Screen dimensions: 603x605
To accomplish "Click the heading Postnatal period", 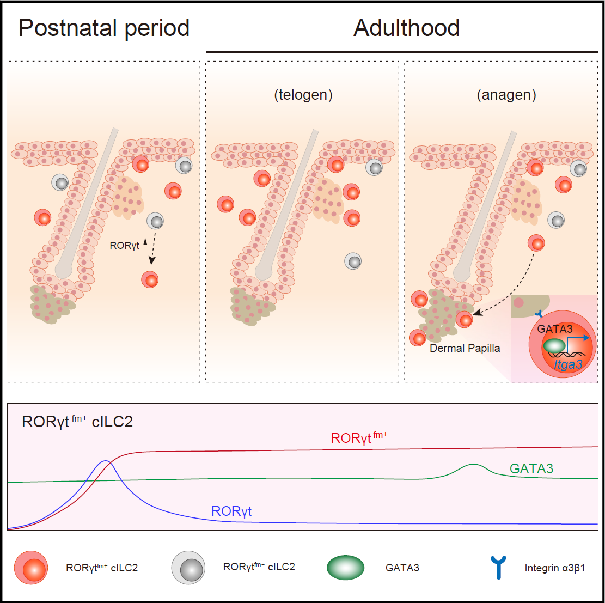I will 104,27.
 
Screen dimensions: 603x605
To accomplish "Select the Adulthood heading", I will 406,27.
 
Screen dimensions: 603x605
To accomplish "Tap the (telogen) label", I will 303,95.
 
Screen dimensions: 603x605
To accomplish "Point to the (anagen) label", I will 506,95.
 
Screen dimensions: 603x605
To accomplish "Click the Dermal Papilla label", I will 464,348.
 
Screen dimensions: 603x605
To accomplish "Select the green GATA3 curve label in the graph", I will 531,468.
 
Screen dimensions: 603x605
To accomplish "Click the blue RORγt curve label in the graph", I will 231,511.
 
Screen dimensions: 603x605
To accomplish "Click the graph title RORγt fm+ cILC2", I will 77,422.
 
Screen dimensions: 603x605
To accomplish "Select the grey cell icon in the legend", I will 188,567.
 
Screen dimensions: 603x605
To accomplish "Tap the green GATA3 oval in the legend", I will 345,568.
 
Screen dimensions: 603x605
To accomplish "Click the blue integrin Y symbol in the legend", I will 497,567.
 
